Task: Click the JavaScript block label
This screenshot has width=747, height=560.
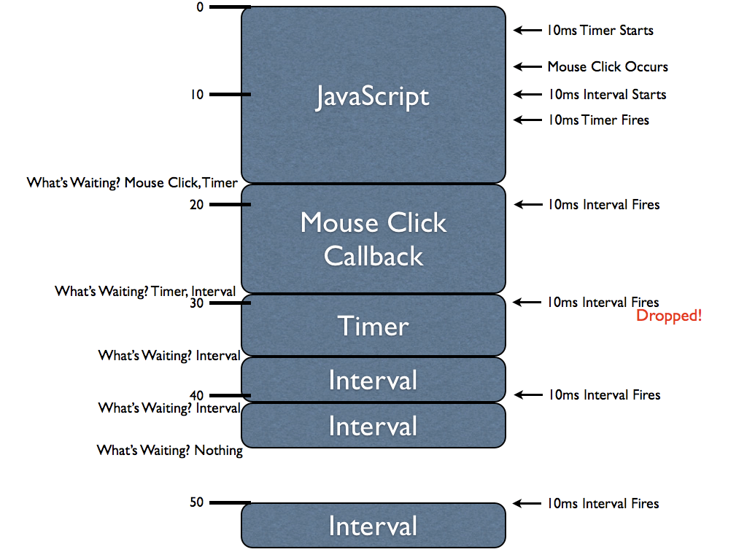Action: (373, 97)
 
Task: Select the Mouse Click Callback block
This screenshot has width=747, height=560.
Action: (373, 238)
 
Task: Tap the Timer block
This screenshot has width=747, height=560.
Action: (373, 326)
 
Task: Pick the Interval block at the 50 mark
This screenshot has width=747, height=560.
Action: (373, 526)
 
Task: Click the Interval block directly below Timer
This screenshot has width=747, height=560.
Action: (373, 380)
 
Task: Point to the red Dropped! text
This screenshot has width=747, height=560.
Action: (669, 316)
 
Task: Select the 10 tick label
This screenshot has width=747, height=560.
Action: (198, 94)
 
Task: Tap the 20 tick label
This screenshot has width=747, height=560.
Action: (196, 205)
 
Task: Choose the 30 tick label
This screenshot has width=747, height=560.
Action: (196, 303)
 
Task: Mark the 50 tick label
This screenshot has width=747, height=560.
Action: (196, 502)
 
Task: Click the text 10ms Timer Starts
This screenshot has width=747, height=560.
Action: (600, 31)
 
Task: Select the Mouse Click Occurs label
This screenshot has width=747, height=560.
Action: (608, 66)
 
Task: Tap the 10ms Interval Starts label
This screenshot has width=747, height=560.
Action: (607, 94)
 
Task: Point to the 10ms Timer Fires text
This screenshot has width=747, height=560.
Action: (598, 120)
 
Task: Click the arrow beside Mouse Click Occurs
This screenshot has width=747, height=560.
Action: (526, 66)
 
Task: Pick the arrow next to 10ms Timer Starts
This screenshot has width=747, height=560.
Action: (526, 31)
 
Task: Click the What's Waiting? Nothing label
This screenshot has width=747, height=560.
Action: (170, 451)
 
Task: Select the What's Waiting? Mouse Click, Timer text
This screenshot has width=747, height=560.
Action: (132, 182)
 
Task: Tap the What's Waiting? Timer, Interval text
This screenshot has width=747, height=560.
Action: (145, 292)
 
